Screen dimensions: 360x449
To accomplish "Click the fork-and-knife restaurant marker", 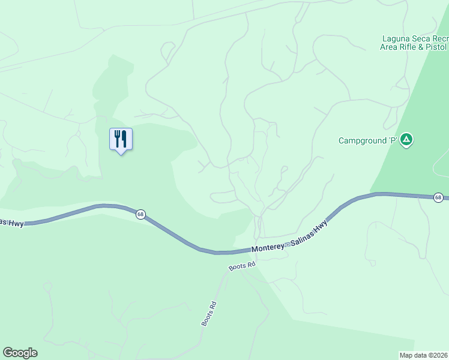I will pyautogui.click(x=121, y=139).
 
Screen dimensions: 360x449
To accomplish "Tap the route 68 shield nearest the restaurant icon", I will pyautogui.click(x=140, y=214).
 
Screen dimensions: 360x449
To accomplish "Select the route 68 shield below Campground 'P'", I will pyautogui.click(x=439, y=197).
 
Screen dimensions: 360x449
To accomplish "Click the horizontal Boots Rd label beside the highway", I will pyautogui.click(x=243, y=265).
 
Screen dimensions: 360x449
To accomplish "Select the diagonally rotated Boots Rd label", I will pyautogui.click(x=208, y=313).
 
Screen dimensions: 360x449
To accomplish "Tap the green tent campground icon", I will pyautogui.click(x=407, y=140).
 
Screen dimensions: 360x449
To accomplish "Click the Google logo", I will pyautogui.click(x=20, y=353).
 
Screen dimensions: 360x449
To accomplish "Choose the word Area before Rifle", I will pyautogui.click(x=390, y=47).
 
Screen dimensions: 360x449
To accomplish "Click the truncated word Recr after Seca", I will pyautogui.click(x=441, y=38).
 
